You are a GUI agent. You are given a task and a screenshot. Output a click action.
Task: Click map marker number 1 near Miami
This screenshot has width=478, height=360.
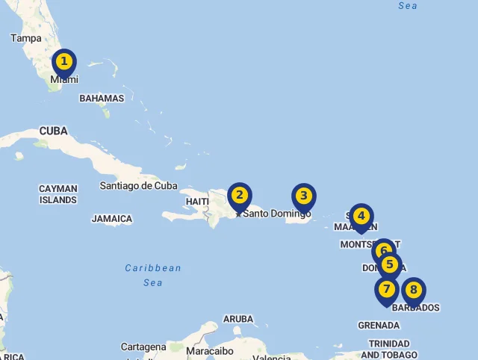pos(64,62)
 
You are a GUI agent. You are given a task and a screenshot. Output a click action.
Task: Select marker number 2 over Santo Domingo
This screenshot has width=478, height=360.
pos(239,196)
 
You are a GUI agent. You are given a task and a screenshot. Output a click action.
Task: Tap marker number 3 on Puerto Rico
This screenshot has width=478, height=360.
pos(303,196)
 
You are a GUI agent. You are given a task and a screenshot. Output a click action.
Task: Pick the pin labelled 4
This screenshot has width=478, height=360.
pos(361,217)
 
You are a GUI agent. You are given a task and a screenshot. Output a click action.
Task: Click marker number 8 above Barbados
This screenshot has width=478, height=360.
pos(413,290)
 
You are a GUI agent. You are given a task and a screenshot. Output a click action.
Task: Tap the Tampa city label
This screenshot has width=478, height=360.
pos(26,38)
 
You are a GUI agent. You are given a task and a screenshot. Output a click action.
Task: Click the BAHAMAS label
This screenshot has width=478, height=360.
pos(102,99)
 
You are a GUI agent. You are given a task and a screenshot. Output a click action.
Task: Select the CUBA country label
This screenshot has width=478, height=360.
pos(54,131)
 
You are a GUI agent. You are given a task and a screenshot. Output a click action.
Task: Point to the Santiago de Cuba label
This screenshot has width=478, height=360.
pos(139,186)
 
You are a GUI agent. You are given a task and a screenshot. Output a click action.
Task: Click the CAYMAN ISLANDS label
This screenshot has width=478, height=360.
pos(58,194)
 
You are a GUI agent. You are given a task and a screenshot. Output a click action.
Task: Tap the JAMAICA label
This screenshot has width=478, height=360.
pos(112,220)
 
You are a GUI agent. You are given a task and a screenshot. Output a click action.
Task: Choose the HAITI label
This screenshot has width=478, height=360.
pos(197,202)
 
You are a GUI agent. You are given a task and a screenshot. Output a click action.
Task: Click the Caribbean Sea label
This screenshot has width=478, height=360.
pos(153,275)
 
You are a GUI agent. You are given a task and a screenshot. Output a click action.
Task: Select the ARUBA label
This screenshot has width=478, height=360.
pos(238,319)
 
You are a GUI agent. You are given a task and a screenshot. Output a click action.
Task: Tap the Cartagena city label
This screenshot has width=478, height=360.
pos(143,347)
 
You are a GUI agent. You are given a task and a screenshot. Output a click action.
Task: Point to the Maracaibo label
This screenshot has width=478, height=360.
pos(210,351)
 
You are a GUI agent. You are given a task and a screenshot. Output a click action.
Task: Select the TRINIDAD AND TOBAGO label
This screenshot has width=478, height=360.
pos(388,349)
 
